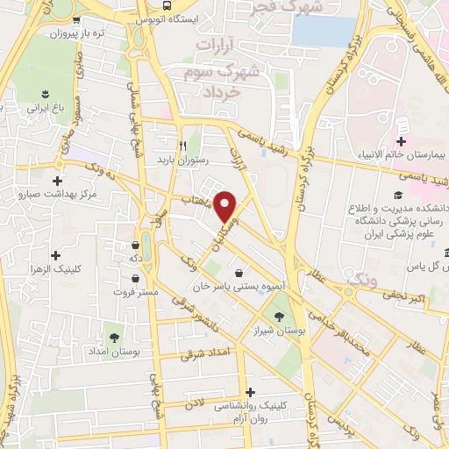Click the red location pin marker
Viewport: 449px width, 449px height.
pos(226,206)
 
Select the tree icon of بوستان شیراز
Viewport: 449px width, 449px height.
pos(280,317)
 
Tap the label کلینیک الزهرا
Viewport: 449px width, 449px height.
pos(56,269)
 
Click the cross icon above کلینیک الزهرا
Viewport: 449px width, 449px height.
pos(56,255)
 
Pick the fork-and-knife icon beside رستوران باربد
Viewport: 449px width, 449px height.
pos(182,146)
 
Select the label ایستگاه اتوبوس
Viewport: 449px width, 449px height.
pos(184,18)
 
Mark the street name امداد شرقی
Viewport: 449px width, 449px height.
pos(203,355)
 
